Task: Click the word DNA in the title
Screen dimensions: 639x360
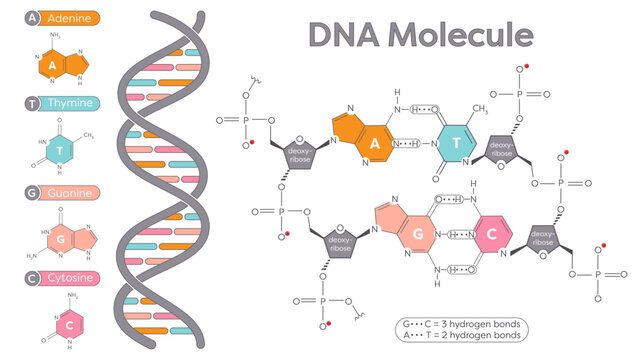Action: tap(341, 34)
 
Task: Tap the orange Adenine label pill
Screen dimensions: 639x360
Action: tap(72, 18)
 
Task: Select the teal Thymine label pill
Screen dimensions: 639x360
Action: tap(72, 103)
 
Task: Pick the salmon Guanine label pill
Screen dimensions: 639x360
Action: tap(72, 192)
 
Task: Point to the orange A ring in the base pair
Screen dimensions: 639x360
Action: tap(373, 143)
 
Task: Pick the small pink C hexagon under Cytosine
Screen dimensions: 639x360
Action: tap(61, 325)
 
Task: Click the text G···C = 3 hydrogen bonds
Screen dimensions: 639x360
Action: tap(460, 325)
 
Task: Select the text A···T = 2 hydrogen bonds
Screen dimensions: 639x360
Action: tap(460, 337)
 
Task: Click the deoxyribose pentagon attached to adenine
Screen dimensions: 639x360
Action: tap(302, 152)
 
